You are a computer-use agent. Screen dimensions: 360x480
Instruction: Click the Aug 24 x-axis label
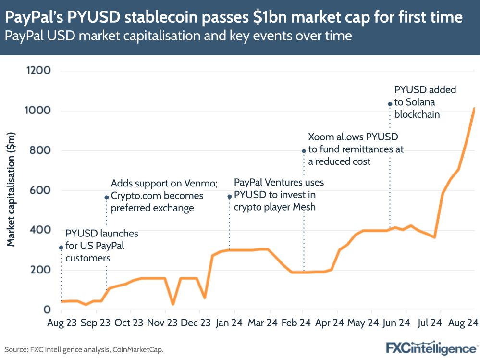tap(462, 323)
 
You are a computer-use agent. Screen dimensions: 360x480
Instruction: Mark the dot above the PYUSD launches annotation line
tap(61, 248)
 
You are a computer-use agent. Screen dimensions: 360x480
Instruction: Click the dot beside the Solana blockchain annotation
tap(390, 104)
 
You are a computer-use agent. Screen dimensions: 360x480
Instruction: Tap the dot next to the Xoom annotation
tap(304, 151)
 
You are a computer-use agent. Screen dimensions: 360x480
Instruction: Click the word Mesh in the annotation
tap(303, 207)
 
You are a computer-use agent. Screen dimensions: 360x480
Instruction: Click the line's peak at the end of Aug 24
tap(474, 109)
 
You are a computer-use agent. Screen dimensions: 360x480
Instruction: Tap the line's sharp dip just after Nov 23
tap(173, 304)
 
